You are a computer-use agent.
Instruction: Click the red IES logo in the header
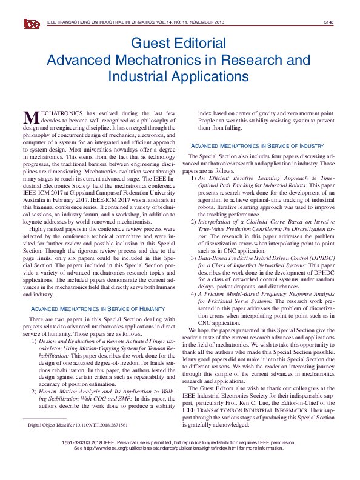tap(32, 24)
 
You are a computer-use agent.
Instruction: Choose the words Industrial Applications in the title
tap(178, 77)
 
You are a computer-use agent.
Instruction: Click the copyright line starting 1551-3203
tap(179, 442)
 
